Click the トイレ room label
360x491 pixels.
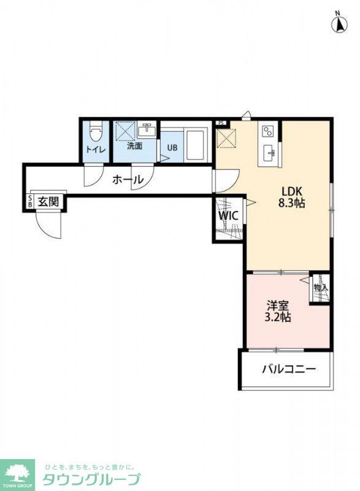(95, 149)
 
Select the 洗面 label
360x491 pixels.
(134, 146)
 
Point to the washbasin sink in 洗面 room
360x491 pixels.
(147, 131)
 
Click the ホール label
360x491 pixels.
(128, 180)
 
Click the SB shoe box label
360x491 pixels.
(30, 202)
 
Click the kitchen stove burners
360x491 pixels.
(267, 131)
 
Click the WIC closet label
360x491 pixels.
(229, 216)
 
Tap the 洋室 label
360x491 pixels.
(277, 304)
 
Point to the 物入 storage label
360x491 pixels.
(321, 287)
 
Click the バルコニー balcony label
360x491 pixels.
(288, 369)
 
